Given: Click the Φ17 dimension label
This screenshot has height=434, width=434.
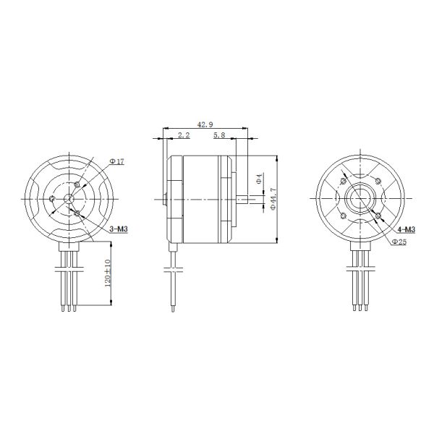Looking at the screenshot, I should tap(117, 161).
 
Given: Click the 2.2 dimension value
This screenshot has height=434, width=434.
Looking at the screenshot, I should tap(183, 135).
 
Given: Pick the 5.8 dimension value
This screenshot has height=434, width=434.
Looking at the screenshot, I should tap(220, 135).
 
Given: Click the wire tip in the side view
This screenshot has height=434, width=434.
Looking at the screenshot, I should tap(172, 308).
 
